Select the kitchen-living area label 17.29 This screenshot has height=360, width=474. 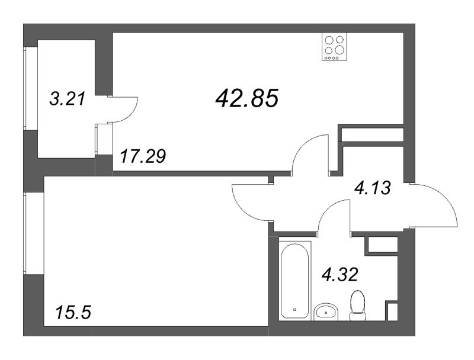click(x=142, y=157)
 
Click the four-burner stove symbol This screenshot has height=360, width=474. click(x=333, y=46)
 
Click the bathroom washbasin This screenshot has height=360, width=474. click(x=324, y=311)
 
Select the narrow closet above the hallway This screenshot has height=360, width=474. click(x=373, y=135)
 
